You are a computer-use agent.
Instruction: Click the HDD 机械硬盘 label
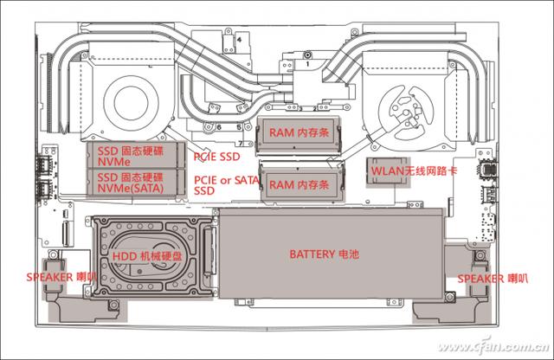(147, 258)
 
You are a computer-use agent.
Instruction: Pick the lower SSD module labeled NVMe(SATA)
(136, 180)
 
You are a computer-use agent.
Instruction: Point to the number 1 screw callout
(307, 64)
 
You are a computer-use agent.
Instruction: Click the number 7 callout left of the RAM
(239, 139)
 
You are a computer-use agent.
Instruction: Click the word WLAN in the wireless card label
(386, 171)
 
